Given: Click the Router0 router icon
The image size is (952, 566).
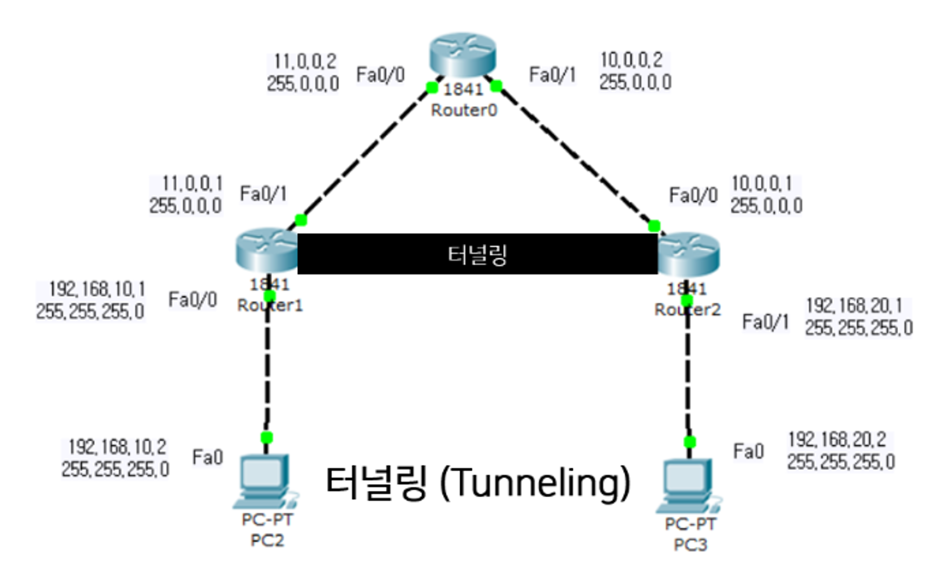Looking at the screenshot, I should pyautogui.click(x=462, y=55).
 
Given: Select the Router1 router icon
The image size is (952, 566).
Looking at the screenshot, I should pyautogui.click(x=266, y=250).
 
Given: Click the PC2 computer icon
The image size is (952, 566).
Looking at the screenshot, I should pyautogui.click(x=265, y=481).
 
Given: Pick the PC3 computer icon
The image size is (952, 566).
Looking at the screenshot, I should pyautogui.click(x=688, y=486).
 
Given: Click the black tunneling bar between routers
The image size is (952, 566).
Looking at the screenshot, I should pyautogui.click(x=477, y=254).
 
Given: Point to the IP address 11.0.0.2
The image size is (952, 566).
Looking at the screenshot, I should pyautogui.click(x=305, y=61).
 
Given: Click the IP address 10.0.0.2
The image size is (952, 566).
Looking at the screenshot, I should pyautogui.click(x=631, y=60).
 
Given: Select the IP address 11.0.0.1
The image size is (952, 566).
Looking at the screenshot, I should pyautogui.click(x=192, y=183).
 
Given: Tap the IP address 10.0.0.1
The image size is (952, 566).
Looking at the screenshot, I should pyautogui.click(x=762, y=183).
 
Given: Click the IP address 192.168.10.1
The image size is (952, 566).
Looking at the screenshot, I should pyautogui.click(x=97, y=289).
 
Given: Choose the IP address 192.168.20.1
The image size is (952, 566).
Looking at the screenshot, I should pyautogui.click(x=854, y=306).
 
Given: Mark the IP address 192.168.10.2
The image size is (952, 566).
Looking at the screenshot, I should pyautogui.click(x=117, y=447).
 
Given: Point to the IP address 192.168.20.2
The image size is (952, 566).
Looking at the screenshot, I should pyautogui.click(x=837, y=439).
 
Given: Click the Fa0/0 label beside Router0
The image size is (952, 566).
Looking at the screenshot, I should pyautogui.click(x=380, y=75).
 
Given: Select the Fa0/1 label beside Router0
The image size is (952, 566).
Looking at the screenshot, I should pyautogui.click(x=552, y=75).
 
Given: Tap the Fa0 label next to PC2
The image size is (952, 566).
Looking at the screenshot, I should pyautogui.click(x=208, y=457).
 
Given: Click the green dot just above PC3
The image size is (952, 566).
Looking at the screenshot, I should pyautogui.click(x=690, y=442).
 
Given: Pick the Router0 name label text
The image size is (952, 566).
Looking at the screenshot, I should pyautogui.click(x=464, y=110).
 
